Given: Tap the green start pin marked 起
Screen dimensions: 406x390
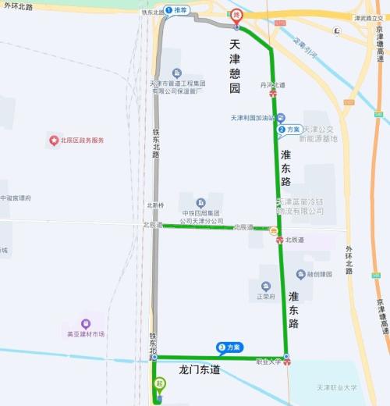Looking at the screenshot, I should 159,384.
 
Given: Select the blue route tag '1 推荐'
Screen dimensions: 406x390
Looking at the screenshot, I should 177,10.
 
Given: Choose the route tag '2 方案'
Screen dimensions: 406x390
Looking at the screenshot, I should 290,129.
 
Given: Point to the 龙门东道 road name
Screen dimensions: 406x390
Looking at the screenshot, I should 199,369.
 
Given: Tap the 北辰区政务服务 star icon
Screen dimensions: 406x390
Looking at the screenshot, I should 54,141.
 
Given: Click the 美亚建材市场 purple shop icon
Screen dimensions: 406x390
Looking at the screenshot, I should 86,323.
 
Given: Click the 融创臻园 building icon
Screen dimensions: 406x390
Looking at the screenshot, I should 301,274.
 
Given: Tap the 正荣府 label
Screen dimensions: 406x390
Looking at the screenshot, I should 266,297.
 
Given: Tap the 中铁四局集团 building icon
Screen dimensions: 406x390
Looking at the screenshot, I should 201,202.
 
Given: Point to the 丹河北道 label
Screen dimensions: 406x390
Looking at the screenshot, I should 271,84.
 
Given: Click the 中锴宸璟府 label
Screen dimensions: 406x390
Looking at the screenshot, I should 16,198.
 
